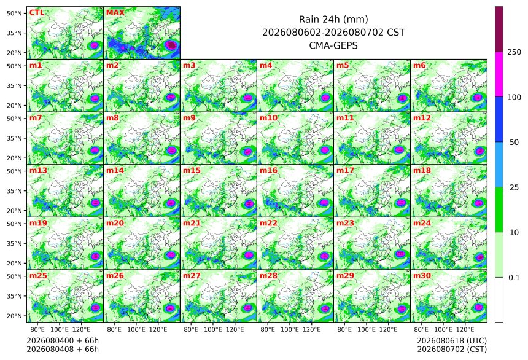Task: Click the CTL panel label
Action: pyautogui.click(x=37, y=13)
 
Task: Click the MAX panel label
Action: pyautogui.click(x=115, y=13)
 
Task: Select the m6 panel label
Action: pyautogui.click(x=419, y=65)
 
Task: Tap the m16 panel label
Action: pyautogui.click(x=268, y=171)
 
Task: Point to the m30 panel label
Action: pyautogui.click(x=422, y=276)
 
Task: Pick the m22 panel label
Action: pyautogui.click(x=268, y=223)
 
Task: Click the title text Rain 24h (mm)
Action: pyautogui.click(x=333, y=20)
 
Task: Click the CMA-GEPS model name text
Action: pyautogui.click(x=333, y=45)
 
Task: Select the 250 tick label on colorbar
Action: pyautogui.click(x=514, y=52)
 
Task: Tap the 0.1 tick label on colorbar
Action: pyautogui.click(x=514, y=278)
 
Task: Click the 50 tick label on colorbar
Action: pyautogui.click(x=514, y=143)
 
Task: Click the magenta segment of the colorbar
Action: pyautogui.click(x=499, y=74)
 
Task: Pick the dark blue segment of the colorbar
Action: pyautogui.click(x=499, y=119)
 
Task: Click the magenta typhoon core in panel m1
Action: pyautogui.click(x=95, y=98)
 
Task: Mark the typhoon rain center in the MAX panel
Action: pyautogui.click(x=172, y=45)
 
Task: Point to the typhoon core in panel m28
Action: pyautogui.click(x=325, y=308)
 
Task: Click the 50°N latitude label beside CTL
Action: pyautogui.click(x=14, y=13)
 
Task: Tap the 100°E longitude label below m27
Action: pyautogui.click(x=213, y=329)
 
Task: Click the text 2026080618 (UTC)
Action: pyautogui.click(x=452, y=341)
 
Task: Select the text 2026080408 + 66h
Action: pyautogui.click(x=63, y=350)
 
